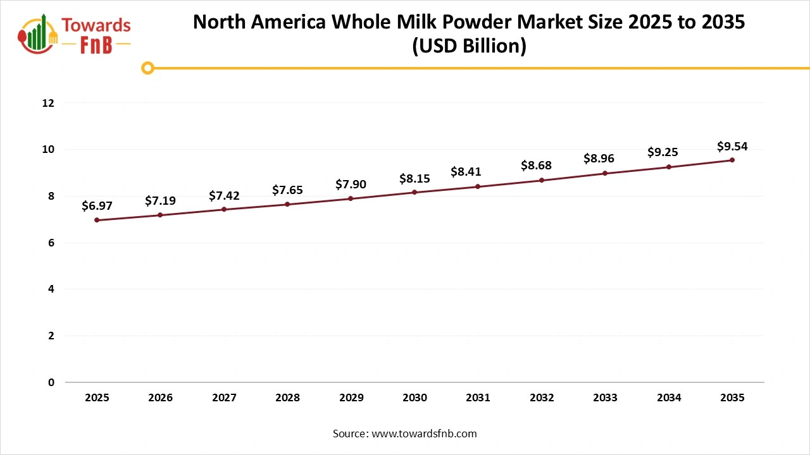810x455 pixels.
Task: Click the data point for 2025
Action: click(97, 220)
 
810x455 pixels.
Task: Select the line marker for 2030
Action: click(414, 192)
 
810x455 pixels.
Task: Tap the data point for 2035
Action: click(732, 160)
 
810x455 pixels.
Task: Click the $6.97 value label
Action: click(97, 205)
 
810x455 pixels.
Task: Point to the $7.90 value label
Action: click(351, 184)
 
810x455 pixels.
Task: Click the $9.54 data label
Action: click(732, 146)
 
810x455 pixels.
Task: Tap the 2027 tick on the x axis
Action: click(224, 397)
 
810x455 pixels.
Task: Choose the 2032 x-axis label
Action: click(542, 397)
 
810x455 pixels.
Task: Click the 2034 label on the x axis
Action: click(669, 397)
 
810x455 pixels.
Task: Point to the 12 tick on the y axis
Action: click(49, 103)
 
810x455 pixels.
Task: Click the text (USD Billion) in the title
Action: click(469, 46)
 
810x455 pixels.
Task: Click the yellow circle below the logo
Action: click(147, 68)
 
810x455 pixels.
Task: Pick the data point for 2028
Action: click(287, 204)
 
